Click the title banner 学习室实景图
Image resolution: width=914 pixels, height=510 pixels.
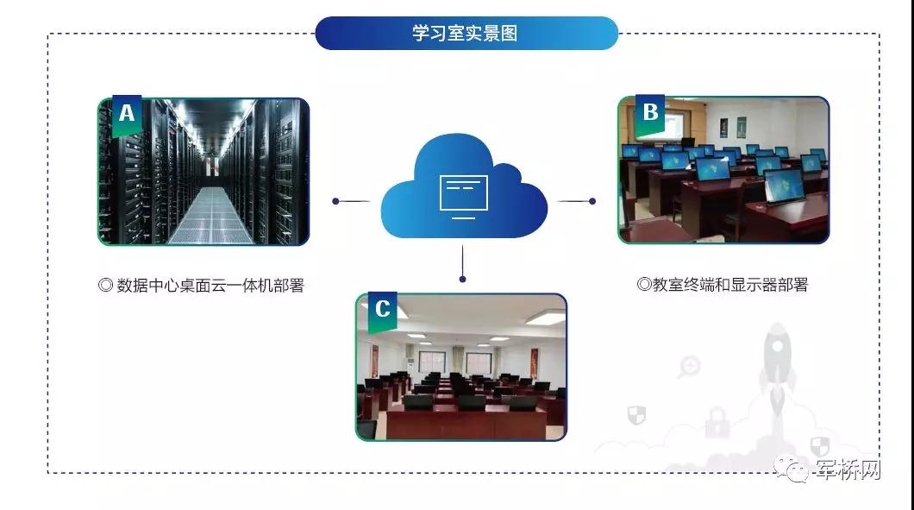(x=466, y=34)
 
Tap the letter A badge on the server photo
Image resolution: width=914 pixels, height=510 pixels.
(x=127, y=114)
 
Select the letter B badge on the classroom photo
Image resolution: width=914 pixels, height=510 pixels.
(x=650, y=112)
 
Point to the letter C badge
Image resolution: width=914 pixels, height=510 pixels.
(x=382, y=310)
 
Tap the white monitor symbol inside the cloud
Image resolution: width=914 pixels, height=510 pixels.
(x=464, y=194)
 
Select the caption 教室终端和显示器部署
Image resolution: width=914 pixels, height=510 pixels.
(x=723, y=285)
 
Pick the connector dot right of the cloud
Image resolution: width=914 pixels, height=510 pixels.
(x=592, y=201)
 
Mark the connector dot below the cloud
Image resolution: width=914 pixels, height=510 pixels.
(x=463, y=279)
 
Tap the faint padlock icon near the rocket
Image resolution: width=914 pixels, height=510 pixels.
(x=717, y=423)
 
